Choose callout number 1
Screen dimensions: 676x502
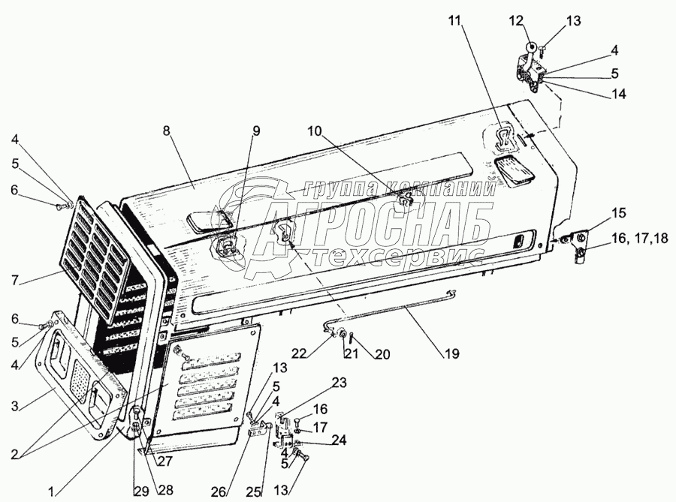50,491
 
